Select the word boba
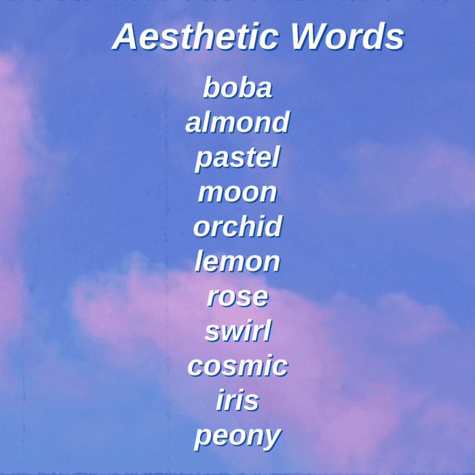237,88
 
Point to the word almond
237,122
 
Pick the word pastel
237,158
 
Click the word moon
237,193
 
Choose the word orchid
237,227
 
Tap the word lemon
237,261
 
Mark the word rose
237,297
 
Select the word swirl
238,331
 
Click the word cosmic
237,366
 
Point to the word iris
237,400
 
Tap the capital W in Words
308,37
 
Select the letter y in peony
271,439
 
